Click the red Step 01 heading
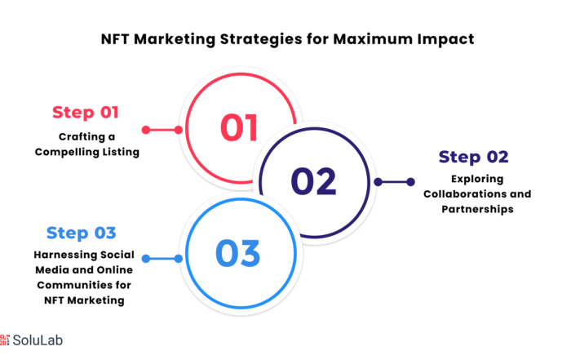click(x=86, y=112)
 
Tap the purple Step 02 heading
click(x=473, y=157)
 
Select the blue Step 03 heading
click(x=82, y=233)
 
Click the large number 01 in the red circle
click(x=239, y=127)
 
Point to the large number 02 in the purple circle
click(x=313, y=181)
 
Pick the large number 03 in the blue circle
click(x=238, y=253)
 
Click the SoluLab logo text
click(x=38, y=340)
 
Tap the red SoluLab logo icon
click(x=4, y=340)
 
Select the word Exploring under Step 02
click(x=477, y=179)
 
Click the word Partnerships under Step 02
click(x=477, y=209)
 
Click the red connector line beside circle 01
click(x=162, y=130)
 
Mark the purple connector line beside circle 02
click(x=394, y=182)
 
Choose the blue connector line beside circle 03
click(x=162, y=259)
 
